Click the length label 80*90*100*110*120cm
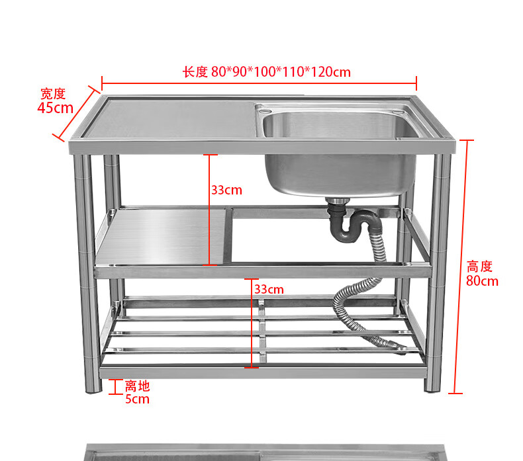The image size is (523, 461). click(x=266, y=72)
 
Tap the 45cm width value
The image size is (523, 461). click(x=55, y=108)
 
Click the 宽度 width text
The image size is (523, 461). click(x=53, y=94)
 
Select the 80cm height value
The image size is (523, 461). click(x=481, y=280)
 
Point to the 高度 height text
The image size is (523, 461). click(x=480, y=267)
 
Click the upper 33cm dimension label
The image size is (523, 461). click(x=226, y=190)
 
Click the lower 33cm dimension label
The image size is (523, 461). click(x=269, y=289)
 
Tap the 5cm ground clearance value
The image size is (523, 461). click(x=137, y=399)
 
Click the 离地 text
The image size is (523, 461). click(x=138, y=386)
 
